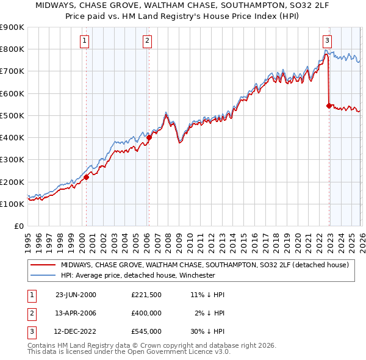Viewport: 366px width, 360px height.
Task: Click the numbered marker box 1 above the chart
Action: (x=84, y=41)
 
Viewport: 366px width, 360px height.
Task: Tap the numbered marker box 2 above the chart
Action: (x=148, y=41)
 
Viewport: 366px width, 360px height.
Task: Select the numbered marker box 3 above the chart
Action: (x=327, y=41)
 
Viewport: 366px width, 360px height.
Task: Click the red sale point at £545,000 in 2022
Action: (x=329, y=106)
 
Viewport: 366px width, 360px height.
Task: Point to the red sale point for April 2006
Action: (x=149, y=138)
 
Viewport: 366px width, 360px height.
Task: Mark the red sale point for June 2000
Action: (x=86, y=177)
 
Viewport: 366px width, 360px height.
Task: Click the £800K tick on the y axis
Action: (x=12, y=49)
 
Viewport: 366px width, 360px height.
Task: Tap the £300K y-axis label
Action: (x=12, y=160)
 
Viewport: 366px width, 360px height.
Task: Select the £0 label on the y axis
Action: (x=18, y=226)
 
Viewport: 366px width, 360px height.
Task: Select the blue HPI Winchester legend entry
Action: (x=146, y=275)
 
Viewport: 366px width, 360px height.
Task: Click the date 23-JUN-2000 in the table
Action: (x=76, y=295)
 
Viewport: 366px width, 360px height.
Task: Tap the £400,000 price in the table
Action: (x=146, y=314)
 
